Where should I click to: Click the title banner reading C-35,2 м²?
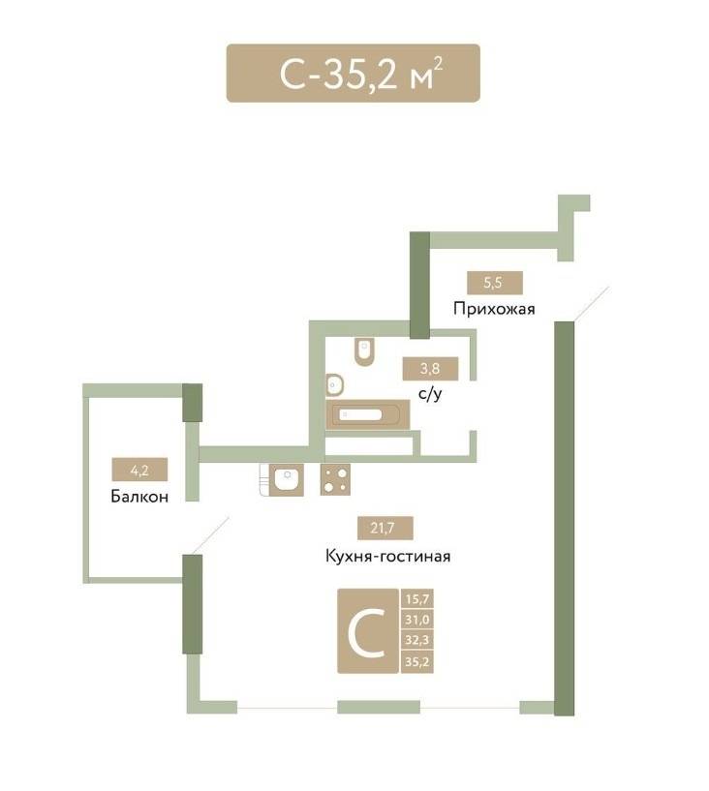click(x=353, y=74)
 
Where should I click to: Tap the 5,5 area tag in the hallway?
click(x=495, y=283)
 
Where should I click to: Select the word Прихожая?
click(x=494, y=308)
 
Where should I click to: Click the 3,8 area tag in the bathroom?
click(x=430, y=368)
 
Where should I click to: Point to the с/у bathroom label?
click(x=430, y=393)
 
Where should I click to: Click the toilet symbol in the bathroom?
click(x=364, y=351)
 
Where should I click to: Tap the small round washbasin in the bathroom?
click(x=334, y=385)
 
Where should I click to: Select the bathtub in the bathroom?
click(x=368, y=415)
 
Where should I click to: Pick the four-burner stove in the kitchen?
click(x=335, y=479)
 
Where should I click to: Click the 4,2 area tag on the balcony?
click(x=139, y=471)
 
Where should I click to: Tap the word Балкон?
click(x=139, y=497)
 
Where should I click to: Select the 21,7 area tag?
click(x=385, y=529)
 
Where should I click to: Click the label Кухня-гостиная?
click(x=388, y=556)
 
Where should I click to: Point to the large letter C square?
click(x=368, y=630)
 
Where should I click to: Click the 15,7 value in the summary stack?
click(x=416, y=598)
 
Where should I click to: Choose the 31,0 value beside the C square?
click(x=416, y=619)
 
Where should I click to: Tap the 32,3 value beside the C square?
click(x=416, y=640)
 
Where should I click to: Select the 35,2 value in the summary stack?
click(x=416, y=661)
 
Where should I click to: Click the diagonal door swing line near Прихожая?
click(x=592, y=304)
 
